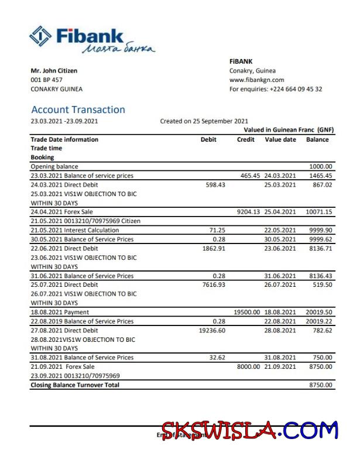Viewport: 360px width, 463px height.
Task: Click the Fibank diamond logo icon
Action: (40, 36)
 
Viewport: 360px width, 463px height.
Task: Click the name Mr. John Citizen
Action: (54, 71)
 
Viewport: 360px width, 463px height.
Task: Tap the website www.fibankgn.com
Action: (256, 80)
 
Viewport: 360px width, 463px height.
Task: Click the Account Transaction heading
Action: (78, 109)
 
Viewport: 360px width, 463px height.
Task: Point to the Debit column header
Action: (208, 139)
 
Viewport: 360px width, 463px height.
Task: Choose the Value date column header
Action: (280, 139)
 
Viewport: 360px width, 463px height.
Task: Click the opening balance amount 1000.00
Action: (321, 166)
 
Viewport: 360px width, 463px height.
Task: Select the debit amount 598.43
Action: (214, 184)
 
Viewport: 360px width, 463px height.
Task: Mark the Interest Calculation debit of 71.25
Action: (218, 230)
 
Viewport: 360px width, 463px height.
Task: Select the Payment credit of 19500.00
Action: (246, 313)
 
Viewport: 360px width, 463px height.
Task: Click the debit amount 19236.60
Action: (211, 330)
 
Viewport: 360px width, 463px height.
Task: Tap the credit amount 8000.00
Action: (248, 366)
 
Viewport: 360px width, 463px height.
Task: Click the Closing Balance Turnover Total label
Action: (75, 385)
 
